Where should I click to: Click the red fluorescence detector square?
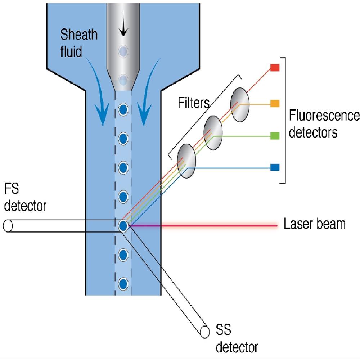(x=275, y=68)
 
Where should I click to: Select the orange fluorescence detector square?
(x=275, y=104)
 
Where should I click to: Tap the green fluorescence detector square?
(x=275, y=136)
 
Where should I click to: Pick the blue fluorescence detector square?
(x=275, y=167)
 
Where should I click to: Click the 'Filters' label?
(x=194, y=103)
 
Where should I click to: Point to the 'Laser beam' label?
(x=314, y=224)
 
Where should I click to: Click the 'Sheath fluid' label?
(x=78, y=43)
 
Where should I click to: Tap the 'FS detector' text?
(x=24, y=197)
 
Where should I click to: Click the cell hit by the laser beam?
(x=123, y=226)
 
